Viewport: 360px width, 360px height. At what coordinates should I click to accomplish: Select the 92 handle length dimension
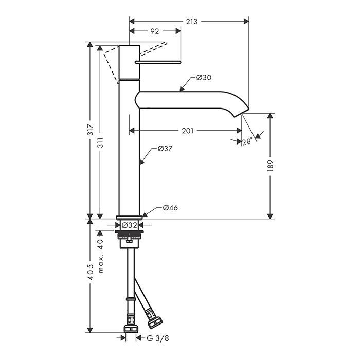pyautogui.click(x=154, y=31)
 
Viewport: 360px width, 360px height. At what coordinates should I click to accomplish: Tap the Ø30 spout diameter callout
pyautogui.click(x=204, y=78)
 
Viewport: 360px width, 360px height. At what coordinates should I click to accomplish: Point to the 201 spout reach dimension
pyautogui.click(x=187, y=131)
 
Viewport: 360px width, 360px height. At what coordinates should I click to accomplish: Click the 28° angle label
pyautogui.click(x=247, y=140)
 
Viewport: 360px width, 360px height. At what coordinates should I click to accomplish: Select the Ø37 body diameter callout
pyautogui.click(x=164, y=149)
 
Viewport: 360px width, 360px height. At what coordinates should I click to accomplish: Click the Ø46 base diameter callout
pyautogui.click(x=170, y=208)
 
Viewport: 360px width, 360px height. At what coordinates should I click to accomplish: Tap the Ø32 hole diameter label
pyautogui.click(x=129, y=225)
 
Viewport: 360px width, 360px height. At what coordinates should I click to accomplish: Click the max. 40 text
pyautogui.click(x=101, y=256)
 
